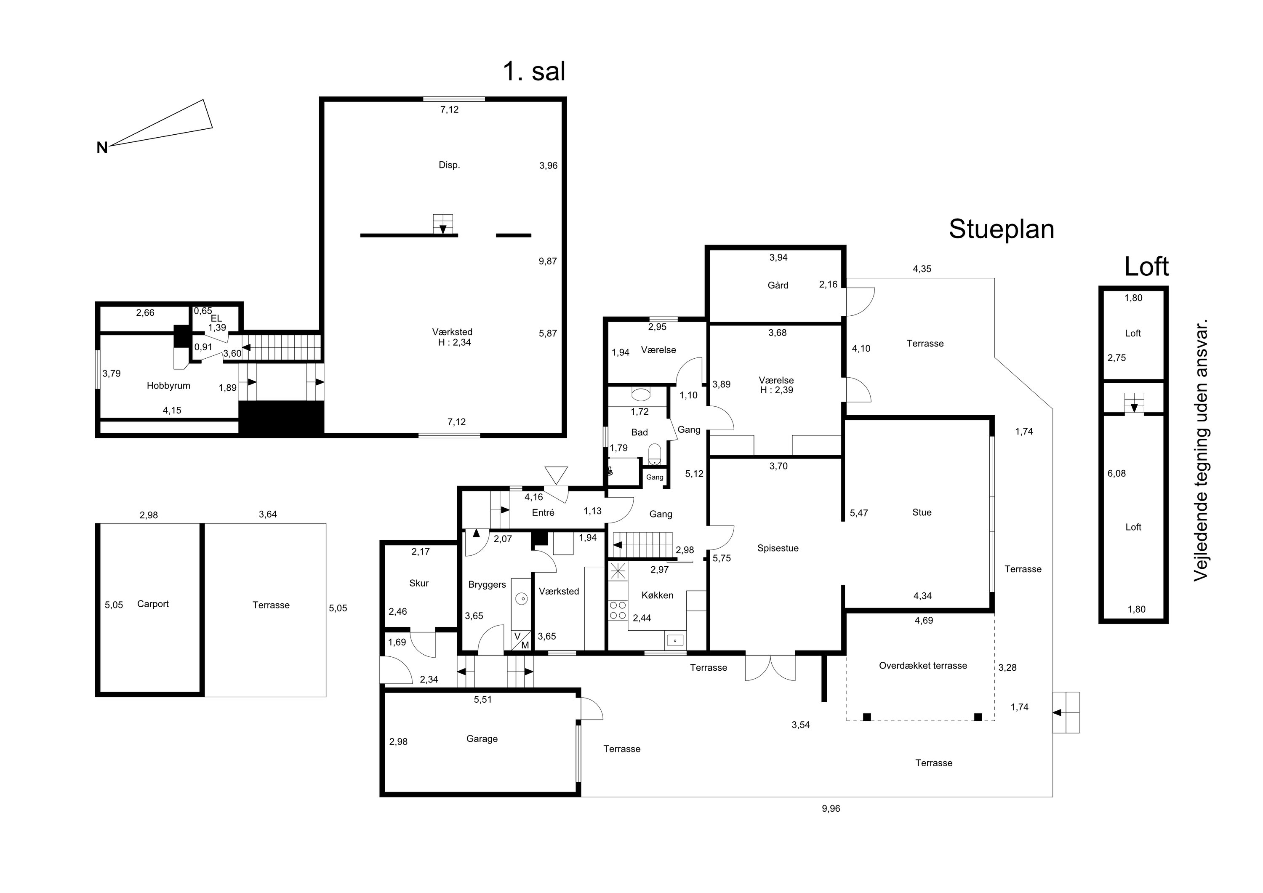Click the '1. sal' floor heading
(x=534, y=72)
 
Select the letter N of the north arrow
(x=102, y=147)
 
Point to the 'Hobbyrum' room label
(x=168, y=386)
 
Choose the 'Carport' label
(x=153, y=604)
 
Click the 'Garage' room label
(x=482, y=739)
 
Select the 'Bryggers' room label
(x=487, y=585)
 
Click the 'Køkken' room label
(x=657, y=595)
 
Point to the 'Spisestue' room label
(x=778, y=549)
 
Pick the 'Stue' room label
(x=922, y=513)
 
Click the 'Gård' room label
(x=778, y=285)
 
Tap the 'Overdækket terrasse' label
(x=923, y=666)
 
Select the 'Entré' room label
(x=543, y=513)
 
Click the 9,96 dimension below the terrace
(x=831, y=809)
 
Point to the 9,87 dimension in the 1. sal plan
(x=548, y=261)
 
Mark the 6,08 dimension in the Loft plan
(x=1116, y=474)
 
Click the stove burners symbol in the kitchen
(x=618, y=610)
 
